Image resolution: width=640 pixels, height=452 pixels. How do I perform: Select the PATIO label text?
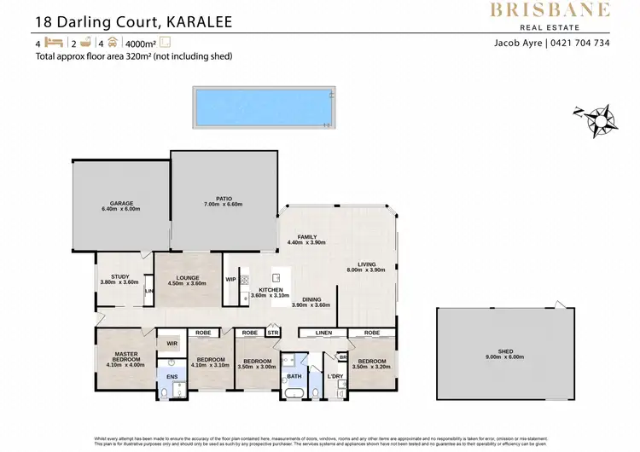[224, 200]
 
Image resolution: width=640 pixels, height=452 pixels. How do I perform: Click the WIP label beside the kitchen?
[230, 279]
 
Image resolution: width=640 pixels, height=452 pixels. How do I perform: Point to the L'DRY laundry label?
[335, 376]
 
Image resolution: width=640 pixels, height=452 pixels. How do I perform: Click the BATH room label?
[294, 375]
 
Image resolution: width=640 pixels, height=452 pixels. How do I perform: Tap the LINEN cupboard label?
[323, 332]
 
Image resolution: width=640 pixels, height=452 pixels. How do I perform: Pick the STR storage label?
[273, 333]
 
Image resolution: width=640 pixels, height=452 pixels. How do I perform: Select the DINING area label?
[311, 300]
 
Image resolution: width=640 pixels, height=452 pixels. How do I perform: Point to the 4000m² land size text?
[141, 43]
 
